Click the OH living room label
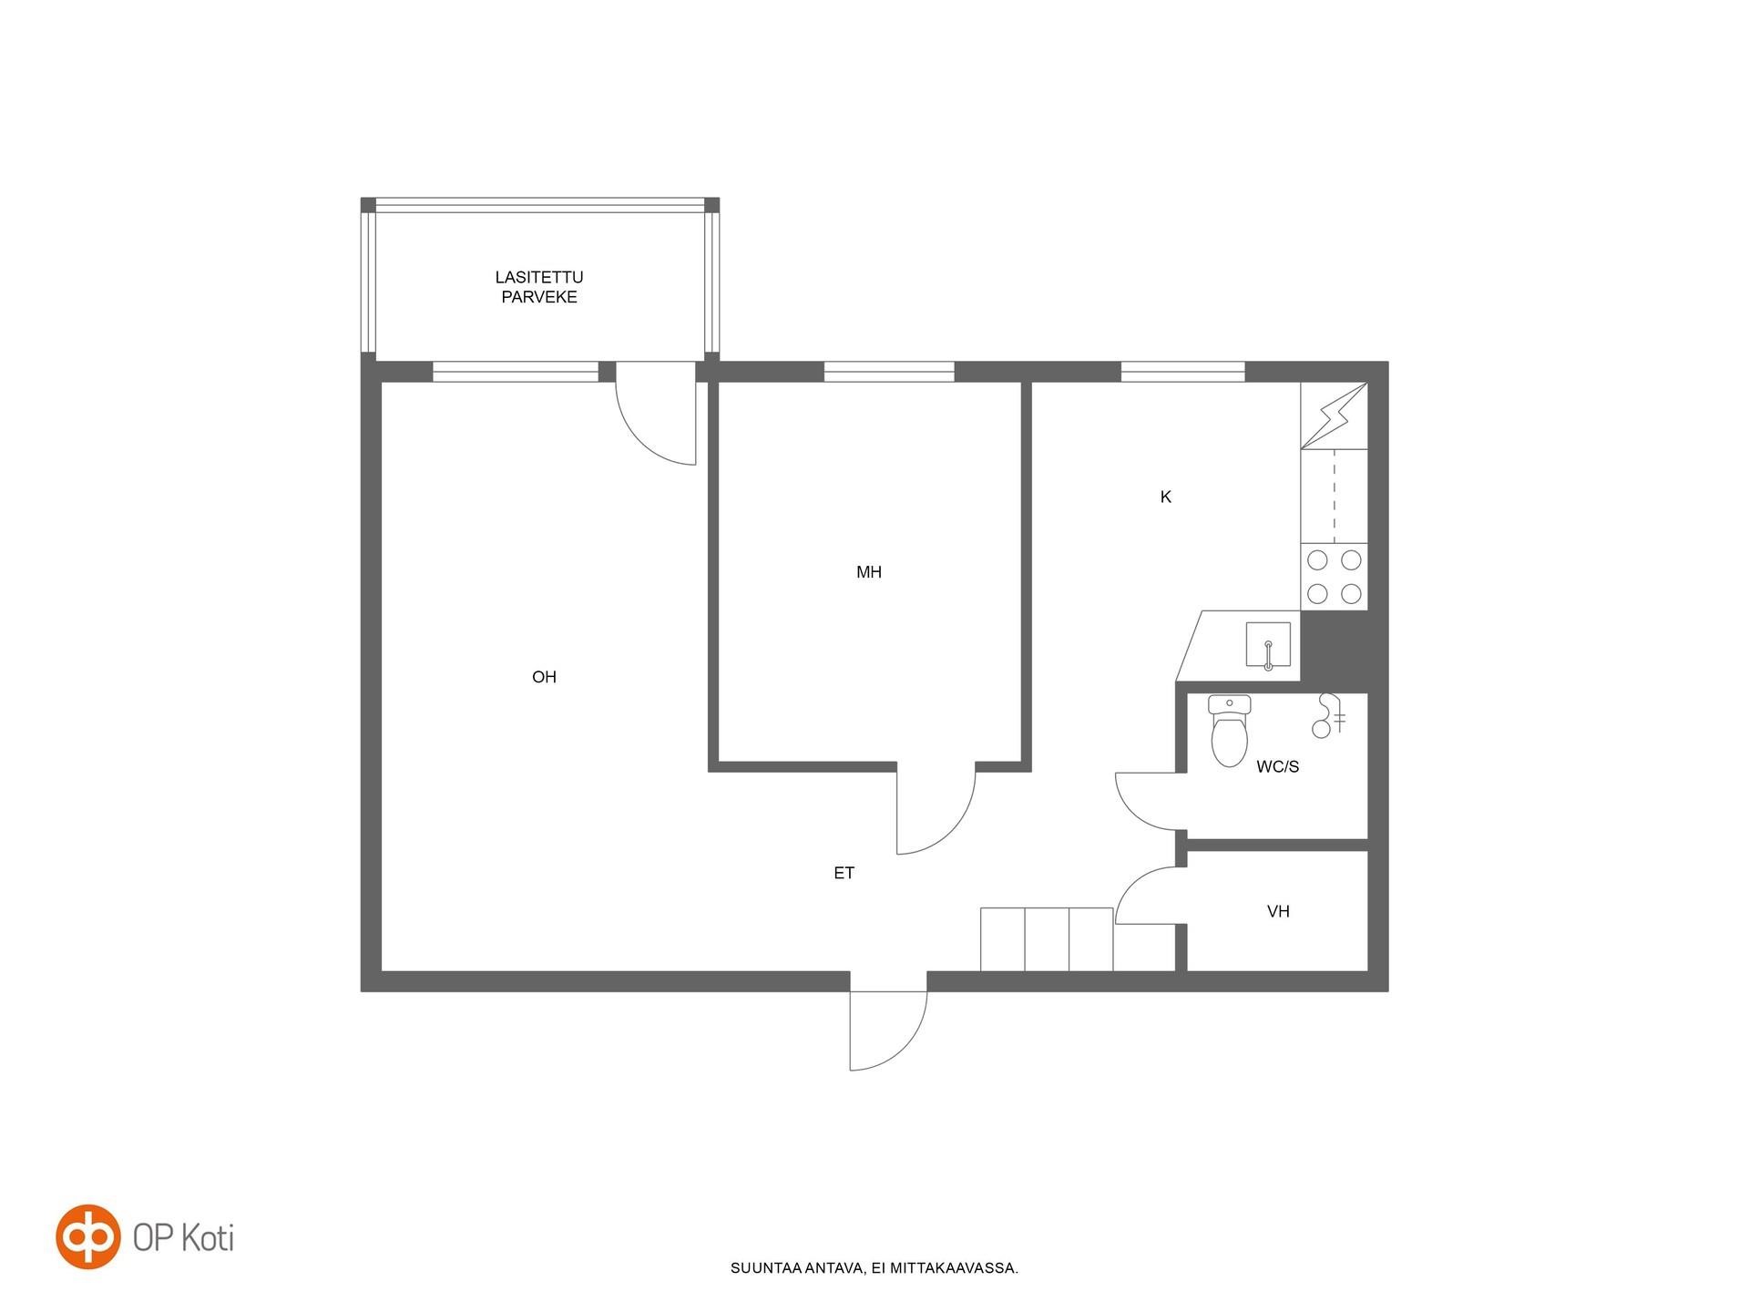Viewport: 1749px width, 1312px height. point(544,677)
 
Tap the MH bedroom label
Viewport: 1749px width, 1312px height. point(869,572)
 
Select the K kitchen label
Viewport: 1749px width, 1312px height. point(1166,497)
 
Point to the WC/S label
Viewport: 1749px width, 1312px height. point(1277,767)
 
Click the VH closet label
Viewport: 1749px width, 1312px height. point(1278,911)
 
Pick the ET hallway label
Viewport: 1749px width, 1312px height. point(844,873)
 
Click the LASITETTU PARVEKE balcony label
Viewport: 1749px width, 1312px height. point(539,287)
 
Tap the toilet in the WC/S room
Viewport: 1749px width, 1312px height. point(1229,731)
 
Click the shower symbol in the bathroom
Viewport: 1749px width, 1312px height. point(1328,715)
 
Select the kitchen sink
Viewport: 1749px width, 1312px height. point(1268,645)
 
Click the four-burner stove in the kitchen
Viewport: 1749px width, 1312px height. point(1335,577)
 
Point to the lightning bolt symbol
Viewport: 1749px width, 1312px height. point(1335,415)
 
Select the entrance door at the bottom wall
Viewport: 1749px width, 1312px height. point(888,1030)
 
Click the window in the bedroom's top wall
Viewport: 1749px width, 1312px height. point(889,372)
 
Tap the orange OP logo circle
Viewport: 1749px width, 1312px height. point(88,1236)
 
